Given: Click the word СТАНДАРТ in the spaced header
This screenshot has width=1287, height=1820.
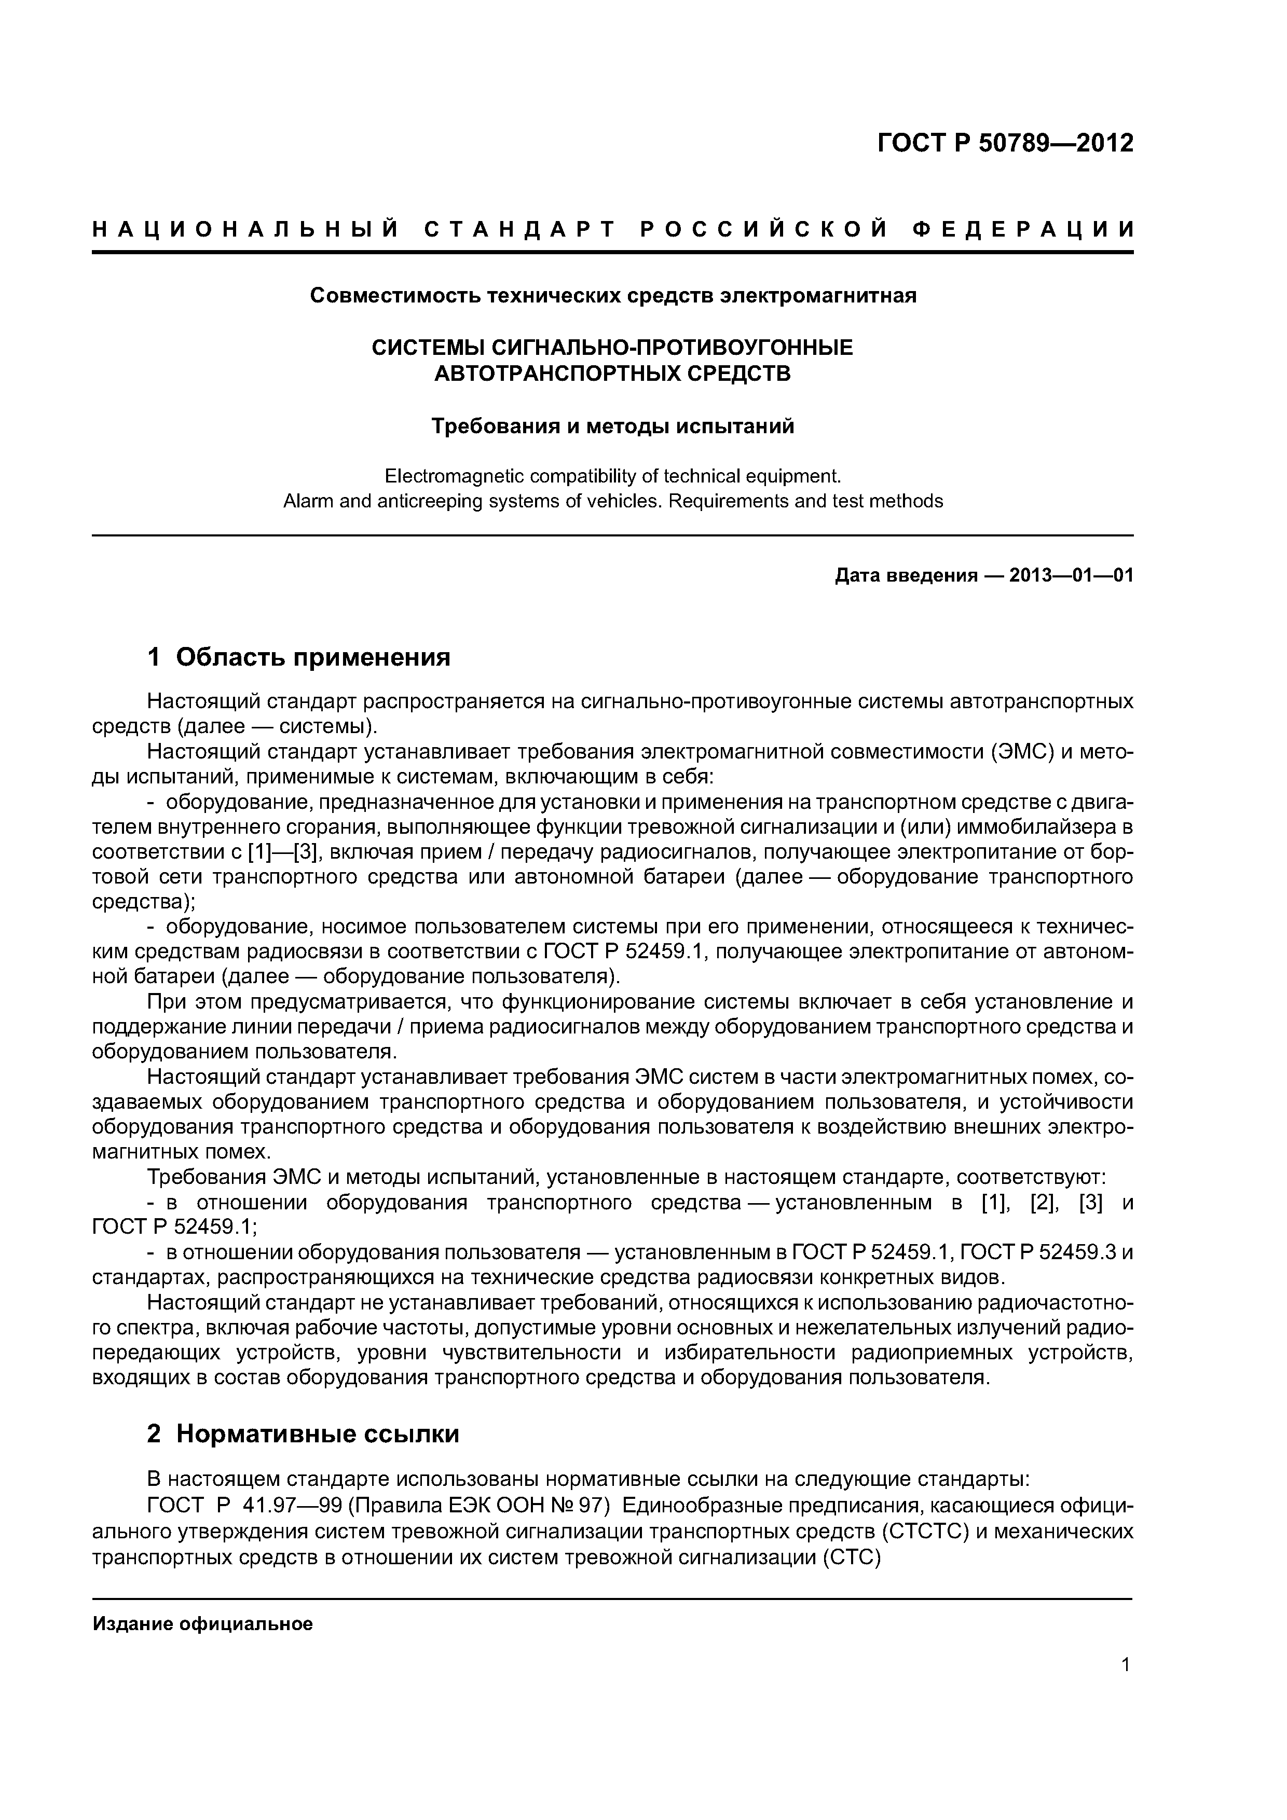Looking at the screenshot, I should (x=520, y=230).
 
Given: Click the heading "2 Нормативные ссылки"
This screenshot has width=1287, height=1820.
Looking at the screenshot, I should (x=303, y=1435).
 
